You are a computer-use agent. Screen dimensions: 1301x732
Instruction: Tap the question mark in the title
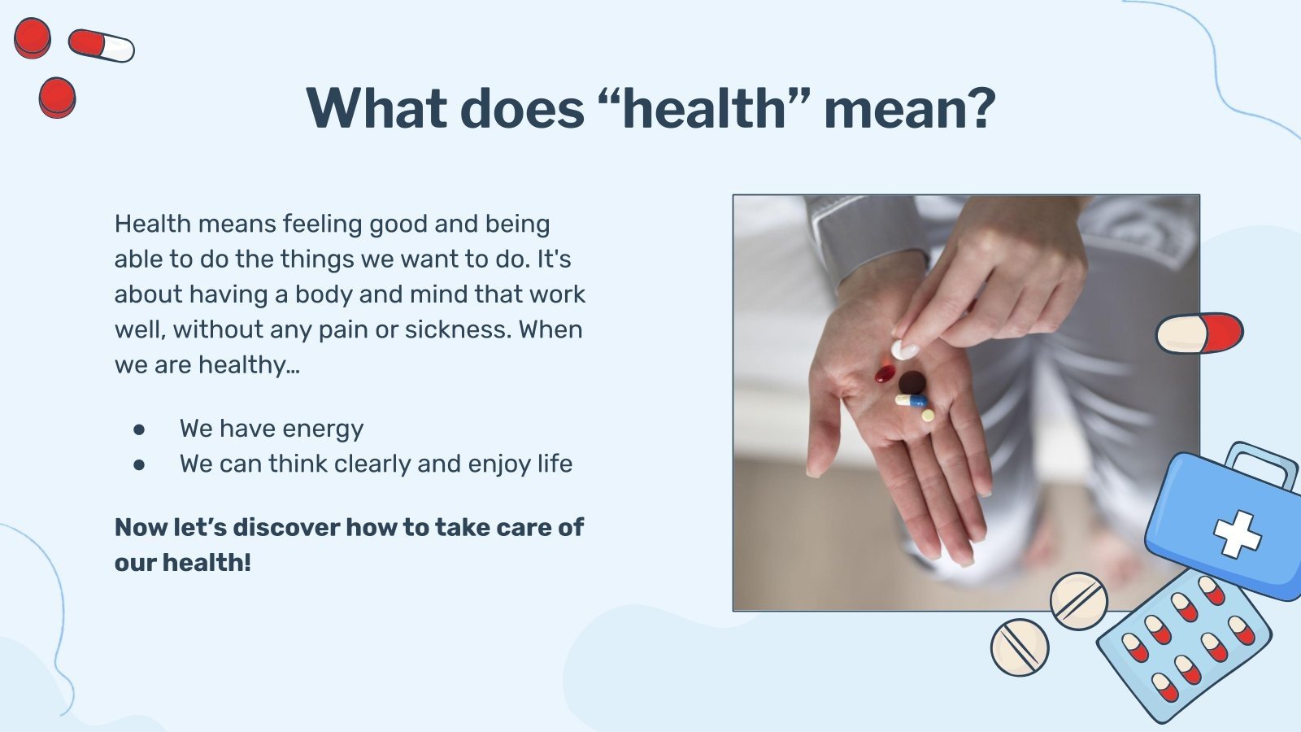[x=979, y=108]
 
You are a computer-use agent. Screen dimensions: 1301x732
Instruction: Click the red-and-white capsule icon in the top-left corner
[x=102, y=46]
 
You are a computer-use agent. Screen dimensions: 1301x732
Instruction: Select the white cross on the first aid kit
[x=1237, y=534]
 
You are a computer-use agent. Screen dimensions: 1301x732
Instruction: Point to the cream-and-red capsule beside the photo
[x=1199, y=333]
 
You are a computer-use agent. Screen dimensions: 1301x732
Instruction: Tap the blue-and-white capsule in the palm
[x=911, y=400]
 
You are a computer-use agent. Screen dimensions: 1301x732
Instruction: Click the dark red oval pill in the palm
[x=885, y=373]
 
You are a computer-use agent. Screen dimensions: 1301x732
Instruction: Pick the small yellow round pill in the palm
[x=928, y=416]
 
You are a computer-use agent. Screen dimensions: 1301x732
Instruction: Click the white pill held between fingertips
[x=905, y=350]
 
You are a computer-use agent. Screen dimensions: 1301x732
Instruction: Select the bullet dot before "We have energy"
[x=139, y=430]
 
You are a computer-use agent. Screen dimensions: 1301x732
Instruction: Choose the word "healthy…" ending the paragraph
[x=249, y=365]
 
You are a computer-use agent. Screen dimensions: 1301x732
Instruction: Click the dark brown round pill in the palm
[x=912, y=383]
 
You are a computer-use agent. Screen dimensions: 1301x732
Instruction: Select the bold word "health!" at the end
[x=207, y=562]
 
